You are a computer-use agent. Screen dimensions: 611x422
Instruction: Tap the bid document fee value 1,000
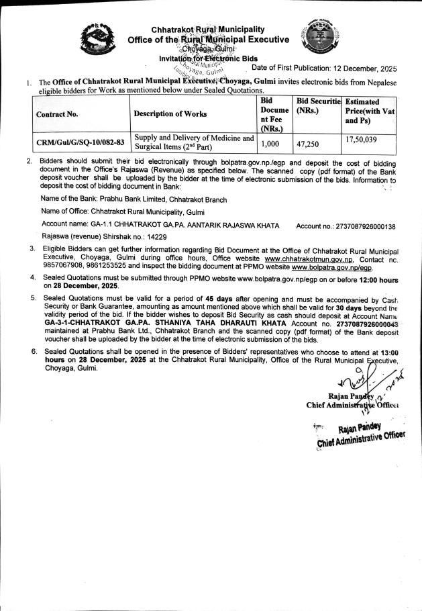click(x=270, y=143)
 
